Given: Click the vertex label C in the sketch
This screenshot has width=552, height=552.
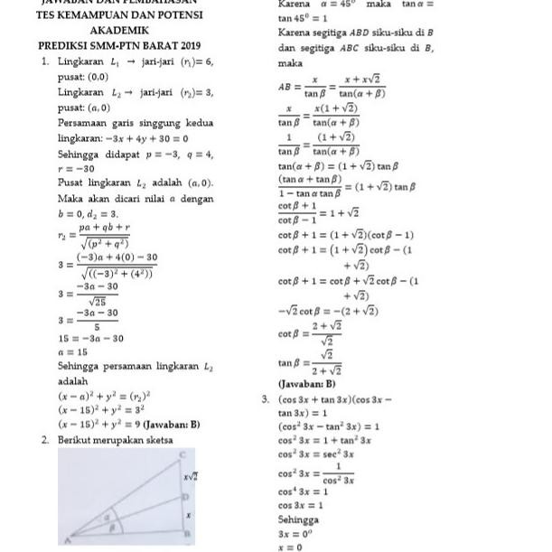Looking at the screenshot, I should click(x=183, y=453).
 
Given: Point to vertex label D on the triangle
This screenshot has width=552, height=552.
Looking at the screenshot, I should click(x=184, y=496).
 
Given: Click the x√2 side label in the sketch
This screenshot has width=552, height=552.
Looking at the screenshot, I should click(x=191, y=474).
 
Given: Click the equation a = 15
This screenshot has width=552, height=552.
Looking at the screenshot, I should click(x=72, y=351).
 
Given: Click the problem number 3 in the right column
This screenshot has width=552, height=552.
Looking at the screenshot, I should click(x=266, y=398).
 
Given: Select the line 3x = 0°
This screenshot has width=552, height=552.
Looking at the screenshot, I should click(x=297, y=534).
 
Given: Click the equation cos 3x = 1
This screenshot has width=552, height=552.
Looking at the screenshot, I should click(x=302, y=505).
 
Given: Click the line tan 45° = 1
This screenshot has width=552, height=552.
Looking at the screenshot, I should click(x=304, y=18).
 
